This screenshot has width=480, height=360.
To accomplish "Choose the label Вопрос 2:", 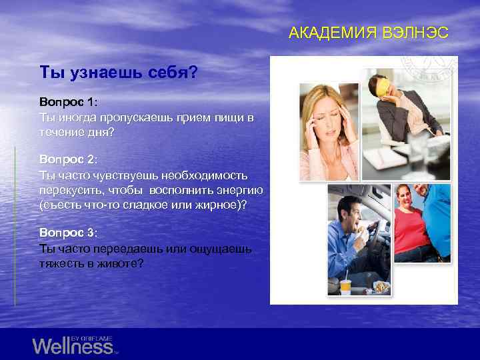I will pyautogui.click(x=68, y=160).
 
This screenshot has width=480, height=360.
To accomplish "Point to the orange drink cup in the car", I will pyautogui.click(x=345, y=287).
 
